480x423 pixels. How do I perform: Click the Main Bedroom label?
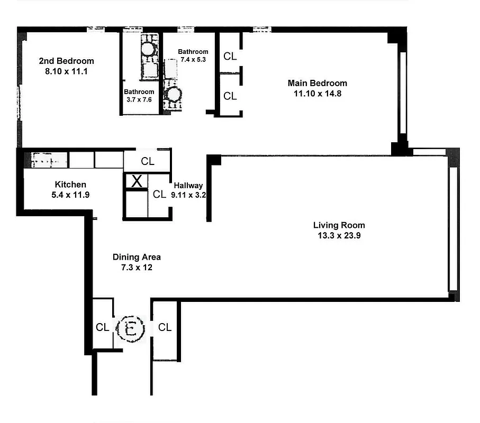click(x=317, y=83)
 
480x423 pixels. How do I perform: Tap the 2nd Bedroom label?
click(x=66, y=61)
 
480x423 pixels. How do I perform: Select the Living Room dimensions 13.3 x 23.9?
click(x=339, y=235)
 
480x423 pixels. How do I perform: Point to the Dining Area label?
click(x=137, y=257)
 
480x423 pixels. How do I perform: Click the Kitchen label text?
click(x=70, y=185)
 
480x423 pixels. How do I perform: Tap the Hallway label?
click(x=188, y=186)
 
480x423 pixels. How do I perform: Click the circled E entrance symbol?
click(x=130, y=329)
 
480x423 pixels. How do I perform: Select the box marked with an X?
click(x=137, y=181)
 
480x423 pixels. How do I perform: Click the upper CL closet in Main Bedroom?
click(x=230, y=56)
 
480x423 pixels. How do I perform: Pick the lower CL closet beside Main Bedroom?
click(x=230, y=96)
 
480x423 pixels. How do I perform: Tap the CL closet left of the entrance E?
click(x=102, y=327)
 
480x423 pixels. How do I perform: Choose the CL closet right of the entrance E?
click(x=165, y=327)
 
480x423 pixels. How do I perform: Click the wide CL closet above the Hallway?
click(x=148, y=161)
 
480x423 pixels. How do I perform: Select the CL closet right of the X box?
click(x=159, y=195)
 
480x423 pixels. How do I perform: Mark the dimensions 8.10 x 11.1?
click(x=66, y=70)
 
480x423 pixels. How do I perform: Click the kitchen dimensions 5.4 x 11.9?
click(x=70, y=194)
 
